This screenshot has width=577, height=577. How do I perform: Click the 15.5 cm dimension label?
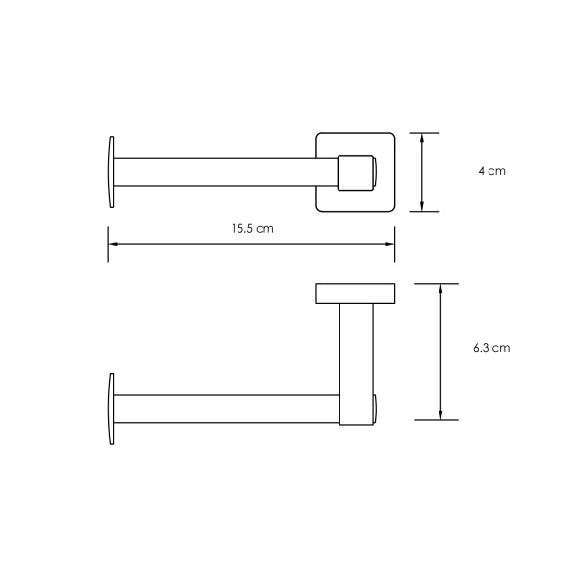pyautogui.click(x=252, y=229)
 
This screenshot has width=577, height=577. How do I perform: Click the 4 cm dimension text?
pyautogui.click(x=491, y=171)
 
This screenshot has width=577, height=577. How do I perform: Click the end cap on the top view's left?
pyautogui.click(x=112, y=171)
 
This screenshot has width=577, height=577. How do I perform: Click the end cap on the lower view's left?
pyautogui.click(x=112, y=409)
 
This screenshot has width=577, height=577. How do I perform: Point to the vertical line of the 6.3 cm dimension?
pyautogui.click(x=440, y=351)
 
